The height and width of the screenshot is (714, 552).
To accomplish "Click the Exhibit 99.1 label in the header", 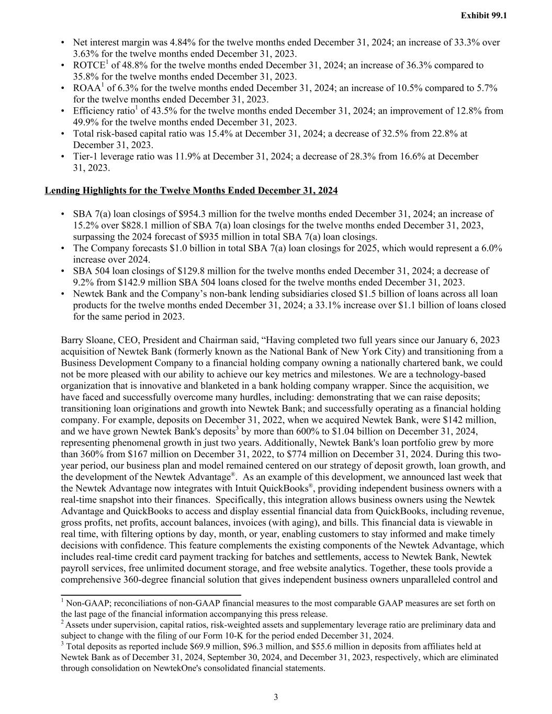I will (483, 16).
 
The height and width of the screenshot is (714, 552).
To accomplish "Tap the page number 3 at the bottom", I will (276, 697).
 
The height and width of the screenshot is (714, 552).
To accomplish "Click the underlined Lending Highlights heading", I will (191, 190).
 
